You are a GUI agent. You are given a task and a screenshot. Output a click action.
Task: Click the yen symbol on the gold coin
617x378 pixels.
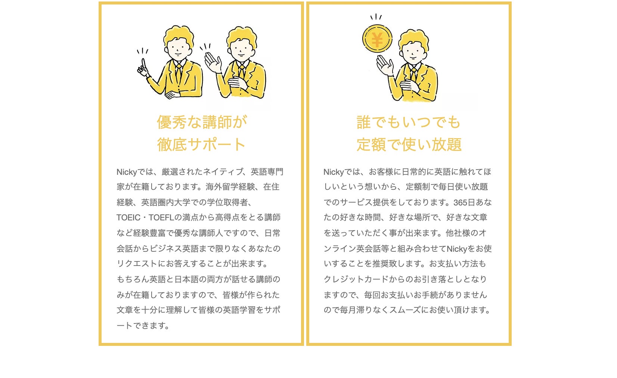377,40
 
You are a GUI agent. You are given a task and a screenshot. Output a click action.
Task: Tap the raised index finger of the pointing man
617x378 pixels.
143,64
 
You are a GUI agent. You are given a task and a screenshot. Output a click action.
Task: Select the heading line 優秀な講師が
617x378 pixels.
202,122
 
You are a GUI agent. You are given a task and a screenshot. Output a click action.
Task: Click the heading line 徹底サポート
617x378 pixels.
201,145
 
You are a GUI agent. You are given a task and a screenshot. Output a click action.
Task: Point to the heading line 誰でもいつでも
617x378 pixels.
409,122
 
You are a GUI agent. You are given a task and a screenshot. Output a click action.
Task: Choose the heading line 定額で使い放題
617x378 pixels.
409,145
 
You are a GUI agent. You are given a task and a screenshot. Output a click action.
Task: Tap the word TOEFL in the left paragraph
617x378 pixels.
161,218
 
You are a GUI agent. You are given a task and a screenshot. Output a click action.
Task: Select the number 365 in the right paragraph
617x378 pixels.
460,202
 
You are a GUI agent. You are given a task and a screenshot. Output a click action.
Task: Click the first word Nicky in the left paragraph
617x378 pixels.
127,172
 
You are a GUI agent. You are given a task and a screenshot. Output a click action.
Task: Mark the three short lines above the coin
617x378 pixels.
376,17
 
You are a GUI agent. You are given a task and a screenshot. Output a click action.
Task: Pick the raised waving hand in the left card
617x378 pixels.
213,62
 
